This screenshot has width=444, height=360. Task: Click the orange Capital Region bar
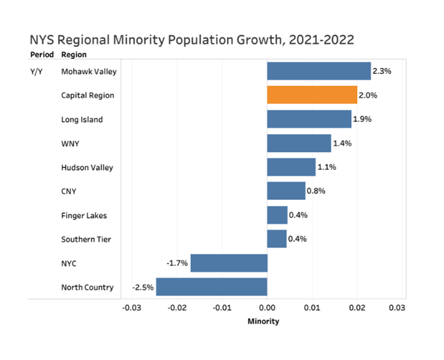(x=312, y=95)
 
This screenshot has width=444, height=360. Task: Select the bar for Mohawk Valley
(x=319, y=71)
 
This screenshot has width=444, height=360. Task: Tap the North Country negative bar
(x=211, y=287)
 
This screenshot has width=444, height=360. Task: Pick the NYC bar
(x=229, y=263)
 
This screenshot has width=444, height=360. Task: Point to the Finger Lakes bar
(x=277, y=215)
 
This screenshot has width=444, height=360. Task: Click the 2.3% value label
(x=382, y=71)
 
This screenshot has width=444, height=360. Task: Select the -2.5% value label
(x=143, y=287)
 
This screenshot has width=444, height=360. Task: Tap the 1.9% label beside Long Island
(x=362, y=119)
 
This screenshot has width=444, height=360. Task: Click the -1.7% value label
(x=178, y=263)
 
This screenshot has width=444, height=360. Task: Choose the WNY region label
(x=70, y=143)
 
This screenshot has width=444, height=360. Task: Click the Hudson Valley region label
(x=87, y=167)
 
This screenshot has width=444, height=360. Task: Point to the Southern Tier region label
(x=86, y=239)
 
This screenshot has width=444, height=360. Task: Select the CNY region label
(x=69, y=191)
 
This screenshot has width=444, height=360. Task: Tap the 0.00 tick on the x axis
(x=267, y=308)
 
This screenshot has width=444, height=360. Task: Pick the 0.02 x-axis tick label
(x=357, y=308)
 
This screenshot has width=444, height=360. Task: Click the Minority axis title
(x=263, y=322)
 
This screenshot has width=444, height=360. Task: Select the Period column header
(x=41, y=55)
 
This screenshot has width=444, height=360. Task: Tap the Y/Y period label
(x=37, y=71)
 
